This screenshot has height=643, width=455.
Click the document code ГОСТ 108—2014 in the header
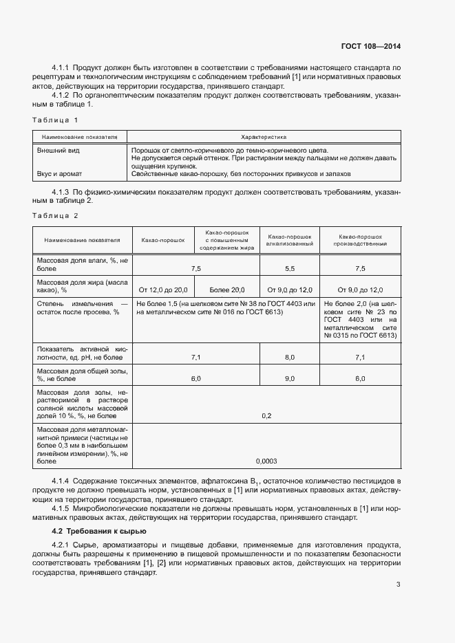(x=370, y=47)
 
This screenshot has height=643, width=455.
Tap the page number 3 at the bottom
(x=398, y=585)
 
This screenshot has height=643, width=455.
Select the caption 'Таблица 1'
(x=56, y=120)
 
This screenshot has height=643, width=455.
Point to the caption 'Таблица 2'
(x=56, y=215)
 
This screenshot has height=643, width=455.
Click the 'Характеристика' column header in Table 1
(x=264, y=137)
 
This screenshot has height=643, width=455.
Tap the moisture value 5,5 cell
(x=290, y=269)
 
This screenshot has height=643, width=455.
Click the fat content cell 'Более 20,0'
(x=227, y=290)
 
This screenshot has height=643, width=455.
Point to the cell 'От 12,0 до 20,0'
(x=163, y=290)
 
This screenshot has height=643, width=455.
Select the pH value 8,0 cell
(x=290, y=358)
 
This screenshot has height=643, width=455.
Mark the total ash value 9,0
(x=290, y=379)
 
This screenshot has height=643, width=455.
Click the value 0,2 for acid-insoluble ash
(x=266, y=416)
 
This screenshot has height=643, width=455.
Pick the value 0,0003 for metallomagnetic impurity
(x=266, y=461)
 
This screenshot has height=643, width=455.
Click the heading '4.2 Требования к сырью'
(x=96, y=531)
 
